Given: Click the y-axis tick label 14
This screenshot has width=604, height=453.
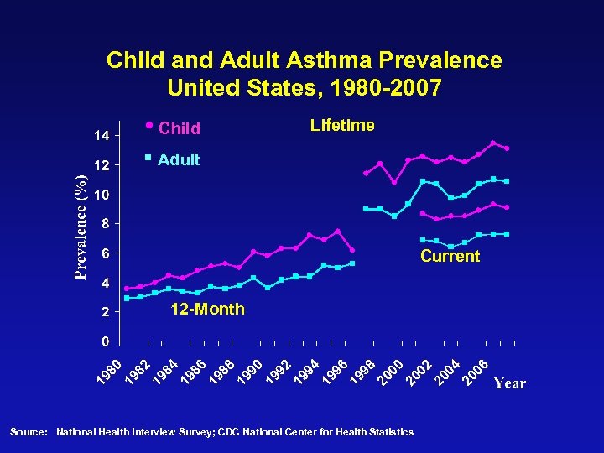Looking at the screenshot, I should pyautogui.click(x=100, y=135).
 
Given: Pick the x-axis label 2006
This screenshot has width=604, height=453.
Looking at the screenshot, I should pyautogui.click(x=477, y=374).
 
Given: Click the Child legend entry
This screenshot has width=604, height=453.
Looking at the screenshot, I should pyautogui.click(x=179, y=128).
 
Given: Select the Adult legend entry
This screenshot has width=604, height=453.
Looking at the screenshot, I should pyautogui.click(x=178, y=159).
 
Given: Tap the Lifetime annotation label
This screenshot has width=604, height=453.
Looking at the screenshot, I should pyautogui.click(x=342, y=126).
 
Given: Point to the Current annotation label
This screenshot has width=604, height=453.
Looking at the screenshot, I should pyautogui.click(x=450, y=256).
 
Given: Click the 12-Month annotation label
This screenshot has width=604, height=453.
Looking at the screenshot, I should pyautogui.click(x=207, y=310).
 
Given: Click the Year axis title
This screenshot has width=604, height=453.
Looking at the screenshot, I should pyautogui.click(x=509, y=383).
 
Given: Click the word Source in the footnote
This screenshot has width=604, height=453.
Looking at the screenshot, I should pyautogui.click(x=27, y=432).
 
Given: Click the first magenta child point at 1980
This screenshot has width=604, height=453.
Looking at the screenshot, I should pyautogui.click(x=127, y=289).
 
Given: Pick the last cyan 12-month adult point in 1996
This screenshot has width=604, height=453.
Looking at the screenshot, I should pyautogui.click(x=352, y=263).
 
